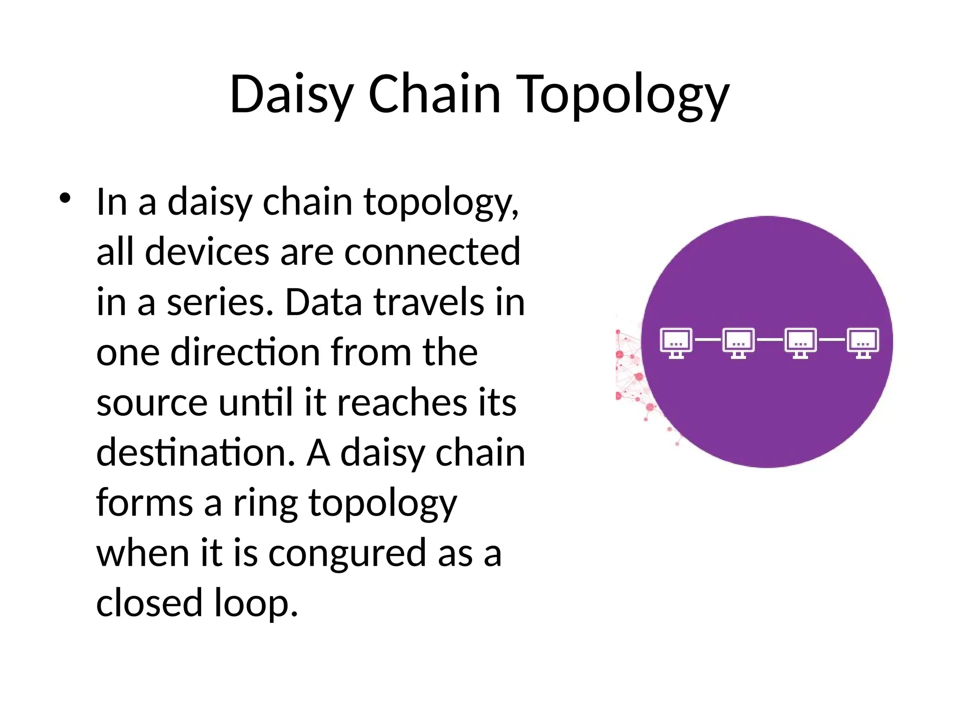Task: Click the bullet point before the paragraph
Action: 65,199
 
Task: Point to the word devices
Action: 207,252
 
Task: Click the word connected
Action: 432,252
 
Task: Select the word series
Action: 220,302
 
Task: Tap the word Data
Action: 323,302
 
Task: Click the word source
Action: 151,403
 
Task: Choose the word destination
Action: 195,452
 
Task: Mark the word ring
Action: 265,503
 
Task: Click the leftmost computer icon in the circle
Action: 676,342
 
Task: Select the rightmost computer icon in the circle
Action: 863,342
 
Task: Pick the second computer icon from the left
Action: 738,342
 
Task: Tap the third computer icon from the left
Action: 801,342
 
